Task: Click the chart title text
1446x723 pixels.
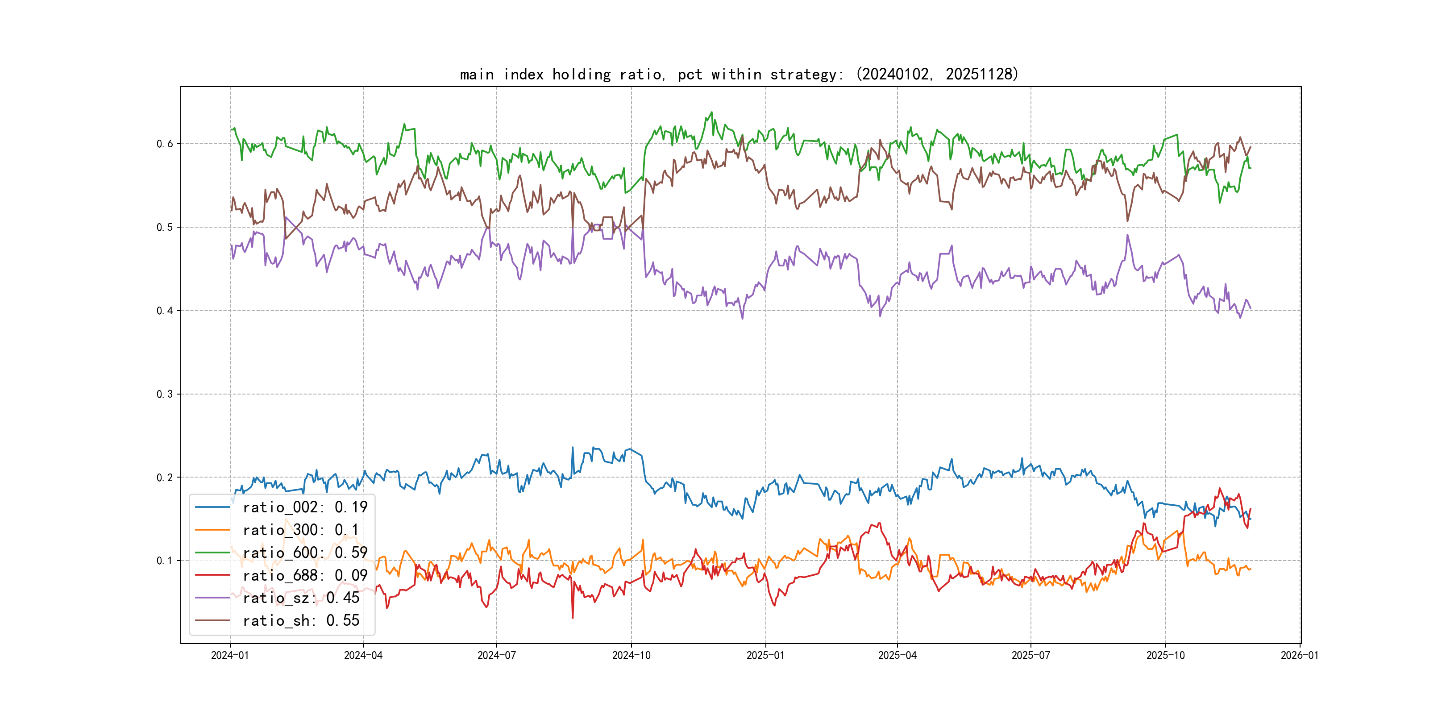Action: (739, 74)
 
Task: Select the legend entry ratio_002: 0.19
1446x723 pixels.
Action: (305, 507)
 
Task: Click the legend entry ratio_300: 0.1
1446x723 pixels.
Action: (300, 530)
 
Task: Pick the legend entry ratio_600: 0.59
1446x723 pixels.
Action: (305, 553)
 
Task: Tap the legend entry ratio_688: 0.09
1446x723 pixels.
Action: (305, 575)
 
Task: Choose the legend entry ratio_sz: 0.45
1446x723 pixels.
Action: (301, 598)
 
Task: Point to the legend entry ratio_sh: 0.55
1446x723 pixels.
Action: (301, 621)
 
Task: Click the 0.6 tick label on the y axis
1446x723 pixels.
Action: (165, 144)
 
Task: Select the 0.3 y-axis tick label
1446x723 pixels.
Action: (165, 394)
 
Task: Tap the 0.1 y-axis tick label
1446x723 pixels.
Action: (165, 561)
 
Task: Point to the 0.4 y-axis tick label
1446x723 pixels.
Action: (165, 311)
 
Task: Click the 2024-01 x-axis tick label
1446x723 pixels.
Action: (229, 655)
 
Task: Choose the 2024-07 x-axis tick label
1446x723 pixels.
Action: (496, 655)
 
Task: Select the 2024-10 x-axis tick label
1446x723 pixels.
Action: (631, 655)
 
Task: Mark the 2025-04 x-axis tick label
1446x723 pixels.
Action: (897, 655)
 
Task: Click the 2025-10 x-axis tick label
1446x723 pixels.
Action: (1165, 655)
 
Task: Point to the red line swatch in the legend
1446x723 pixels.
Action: (212, 575)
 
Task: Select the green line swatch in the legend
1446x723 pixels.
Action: (212, 553)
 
